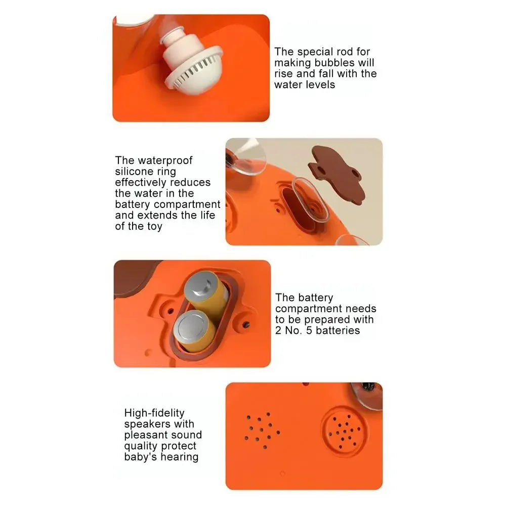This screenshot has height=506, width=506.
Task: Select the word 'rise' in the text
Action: coord(283,74)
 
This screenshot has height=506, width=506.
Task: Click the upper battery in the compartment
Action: coord(201,287)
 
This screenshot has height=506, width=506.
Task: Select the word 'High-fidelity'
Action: coord(154,413)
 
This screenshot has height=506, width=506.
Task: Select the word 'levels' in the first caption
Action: coord(320,85)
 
